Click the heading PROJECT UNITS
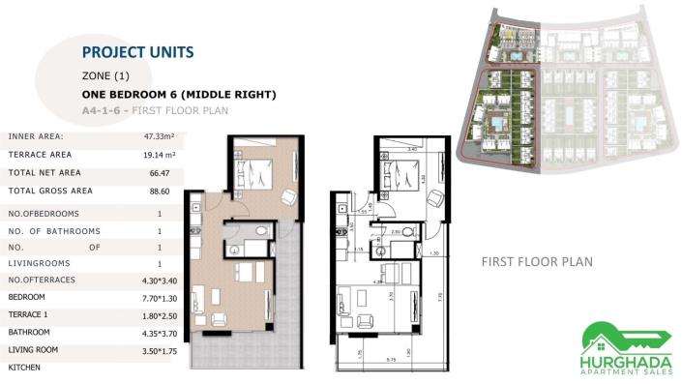(137, 51)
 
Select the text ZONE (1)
(105, 74)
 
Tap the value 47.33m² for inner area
(160, 136)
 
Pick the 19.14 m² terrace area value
(160, 154)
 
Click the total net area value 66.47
(160, 172)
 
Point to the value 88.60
(160, 191)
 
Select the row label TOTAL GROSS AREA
(50, 191)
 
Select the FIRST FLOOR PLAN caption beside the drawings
(537, 262)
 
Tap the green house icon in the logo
(602, 333)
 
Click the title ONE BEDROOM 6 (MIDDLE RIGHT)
(180, 94)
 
